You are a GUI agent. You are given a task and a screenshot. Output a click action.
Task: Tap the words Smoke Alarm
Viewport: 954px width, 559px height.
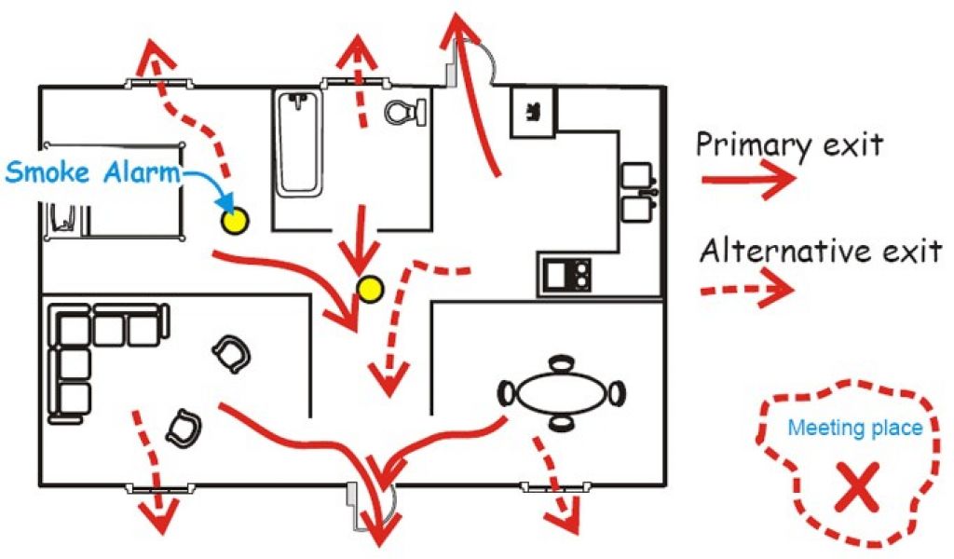pos(93,171)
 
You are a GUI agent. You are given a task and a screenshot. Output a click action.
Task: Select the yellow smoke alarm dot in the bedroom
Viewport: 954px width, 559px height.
pos(234,221)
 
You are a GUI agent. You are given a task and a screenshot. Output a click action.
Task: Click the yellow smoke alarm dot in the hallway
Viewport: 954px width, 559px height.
pos(370,290)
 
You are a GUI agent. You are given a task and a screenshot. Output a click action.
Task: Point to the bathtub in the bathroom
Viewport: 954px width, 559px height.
pos(299,144)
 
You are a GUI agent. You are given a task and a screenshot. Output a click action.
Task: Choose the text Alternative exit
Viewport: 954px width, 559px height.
pos(820,251)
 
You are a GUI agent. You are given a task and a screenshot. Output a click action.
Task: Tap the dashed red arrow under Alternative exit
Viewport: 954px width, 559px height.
pos(747,290)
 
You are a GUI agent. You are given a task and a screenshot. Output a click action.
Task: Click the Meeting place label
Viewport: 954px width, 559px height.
pos(855,429)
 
